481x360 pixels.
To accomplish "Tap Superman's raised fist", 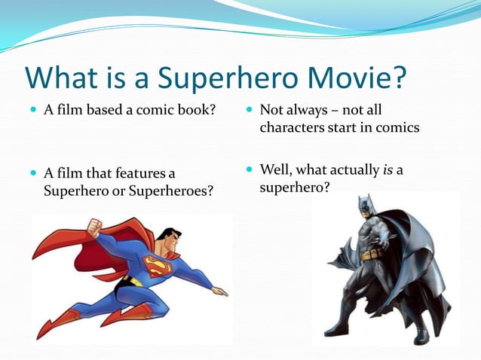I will [x=93, y=225].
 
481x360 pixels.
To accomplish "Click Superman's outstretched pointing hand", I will [x=219, y=291].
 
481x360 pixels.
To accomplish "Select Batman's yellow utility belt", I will [x=372, y=257].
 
